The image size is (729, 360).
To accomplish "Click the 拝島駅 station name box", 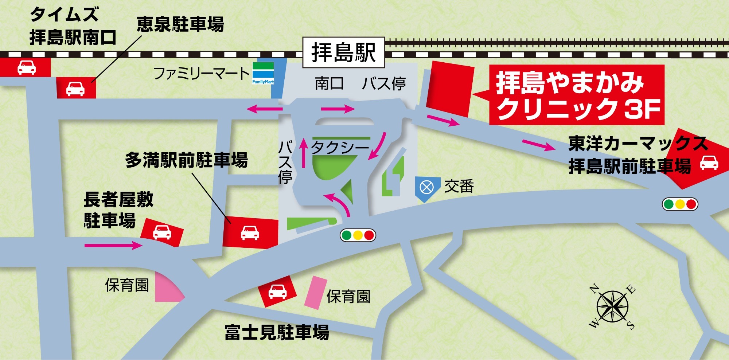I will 343,52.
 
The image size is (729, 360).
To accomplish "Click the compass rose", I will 612,306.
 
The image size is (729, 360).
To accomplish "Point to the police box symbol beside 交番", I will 426,188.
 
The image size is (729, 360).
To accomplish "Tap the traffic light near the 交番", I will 358,235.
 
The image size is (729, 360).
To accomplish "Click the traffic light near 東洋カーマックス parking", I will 680,204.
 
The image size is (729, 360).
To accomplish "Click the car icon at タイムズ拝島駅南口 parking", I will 27,67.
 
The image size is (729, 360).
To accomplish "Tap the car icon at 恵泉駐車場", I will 75,89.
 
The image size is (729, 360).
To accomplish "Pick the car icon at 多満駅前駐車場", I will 250,232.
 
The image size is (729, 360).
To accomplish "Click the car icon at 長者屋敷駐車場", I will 162,232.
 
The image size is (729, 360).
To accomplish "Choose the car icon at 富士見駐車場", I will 277,291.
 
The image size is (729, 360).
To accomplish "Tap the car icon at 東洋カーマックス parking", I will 709,162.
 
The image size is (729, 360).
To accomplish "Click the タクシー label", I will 340,148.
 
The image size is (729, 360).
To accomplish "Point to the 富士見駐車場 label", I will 277,333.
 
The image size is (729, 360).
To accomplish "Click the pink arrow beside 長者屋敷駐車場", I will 113,246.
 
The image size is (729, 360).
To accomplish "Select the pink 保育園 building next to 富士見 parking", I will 316,293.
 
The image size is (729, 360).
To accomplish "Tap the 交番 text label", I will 459,187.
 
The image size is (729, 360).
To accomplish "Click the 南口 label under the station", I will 329,84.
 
